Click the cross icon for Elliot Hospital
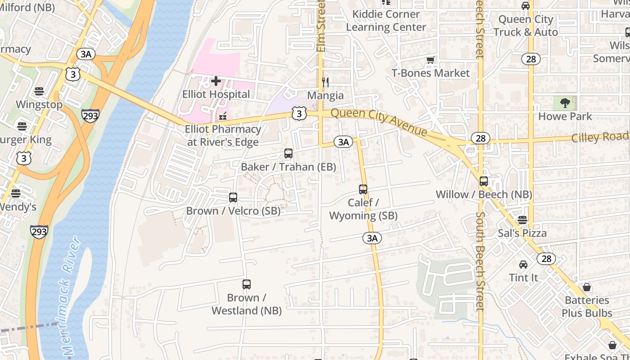point(216,81)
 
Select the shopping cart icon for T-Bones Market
point(431,60)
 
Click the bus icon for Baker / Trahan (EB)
point(288,153)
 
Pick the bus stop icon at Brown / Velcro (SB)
point(233,198)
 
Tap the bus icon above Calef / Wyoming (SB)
point(363,189)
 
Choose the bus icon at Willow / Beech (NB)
point(484,181)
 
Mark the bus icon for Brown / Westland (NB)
point(247,284)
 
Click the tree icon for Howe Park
point(565,103)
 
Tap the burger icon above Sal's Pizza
point(522,220)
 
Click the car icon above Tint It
point(523,265)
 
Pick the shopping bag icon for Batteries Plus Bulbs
point(587,287)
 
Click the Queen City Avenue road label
point(378,121)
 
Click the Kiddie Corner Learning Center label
point(386,21)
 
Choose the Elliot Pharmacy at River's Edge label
point(223,135)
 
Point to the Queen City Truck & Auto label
point(526,26)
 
